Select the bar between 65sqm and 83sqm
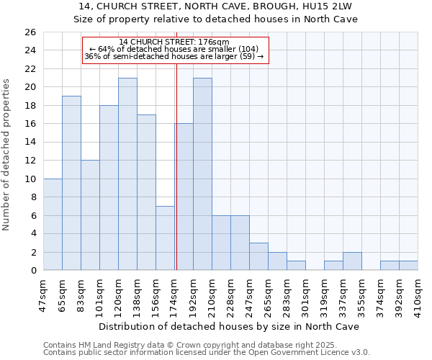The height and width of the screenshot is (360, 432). click(71, 183)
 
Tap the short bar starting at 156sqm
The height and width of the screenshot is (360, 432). click(165, 238)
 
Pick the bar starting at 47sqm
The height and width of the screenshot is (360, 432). click(53, 224)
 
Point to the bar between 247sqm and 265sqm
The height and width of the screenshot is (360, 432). click(258, 256)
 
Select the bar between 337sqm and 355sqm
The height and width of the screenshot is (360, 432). click(352, 261)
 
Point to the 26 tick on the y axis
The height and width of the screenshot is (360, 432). click(30, 32)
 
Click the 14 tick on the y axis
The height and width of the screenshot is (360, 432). click(30, 142)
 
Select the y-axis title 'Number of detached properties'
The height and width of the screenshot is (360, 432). click(7, 165)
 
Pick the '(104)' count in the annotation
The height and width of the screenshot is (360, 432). click(248, 49)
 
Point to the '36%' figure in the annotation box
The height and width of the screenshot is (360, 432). click(93, 56)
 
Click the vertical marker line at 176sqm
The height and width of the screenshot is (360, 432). click(176, 166)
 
